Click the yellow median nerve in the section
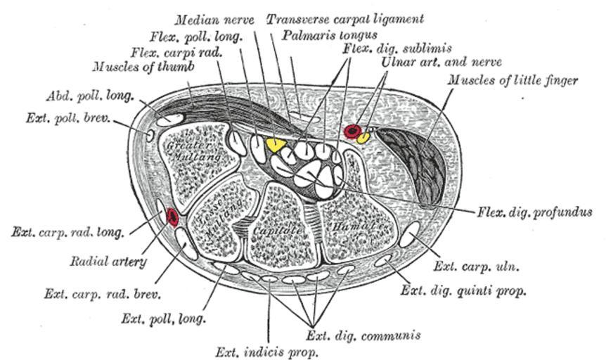(275, 145)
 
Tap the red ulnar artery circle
(352, 131)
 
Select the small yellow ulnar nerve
(363, 137)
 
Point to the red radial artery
(172, 217)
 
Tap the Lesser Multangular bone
(219, 218)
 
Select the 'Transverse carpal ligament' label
(344, 19)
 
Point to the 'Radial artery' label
(108, 262)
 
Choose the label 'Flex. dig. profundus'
(534, 211)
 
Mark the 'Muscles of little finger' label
(513, 80)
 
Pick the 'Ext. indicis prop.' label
(267, 350)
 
